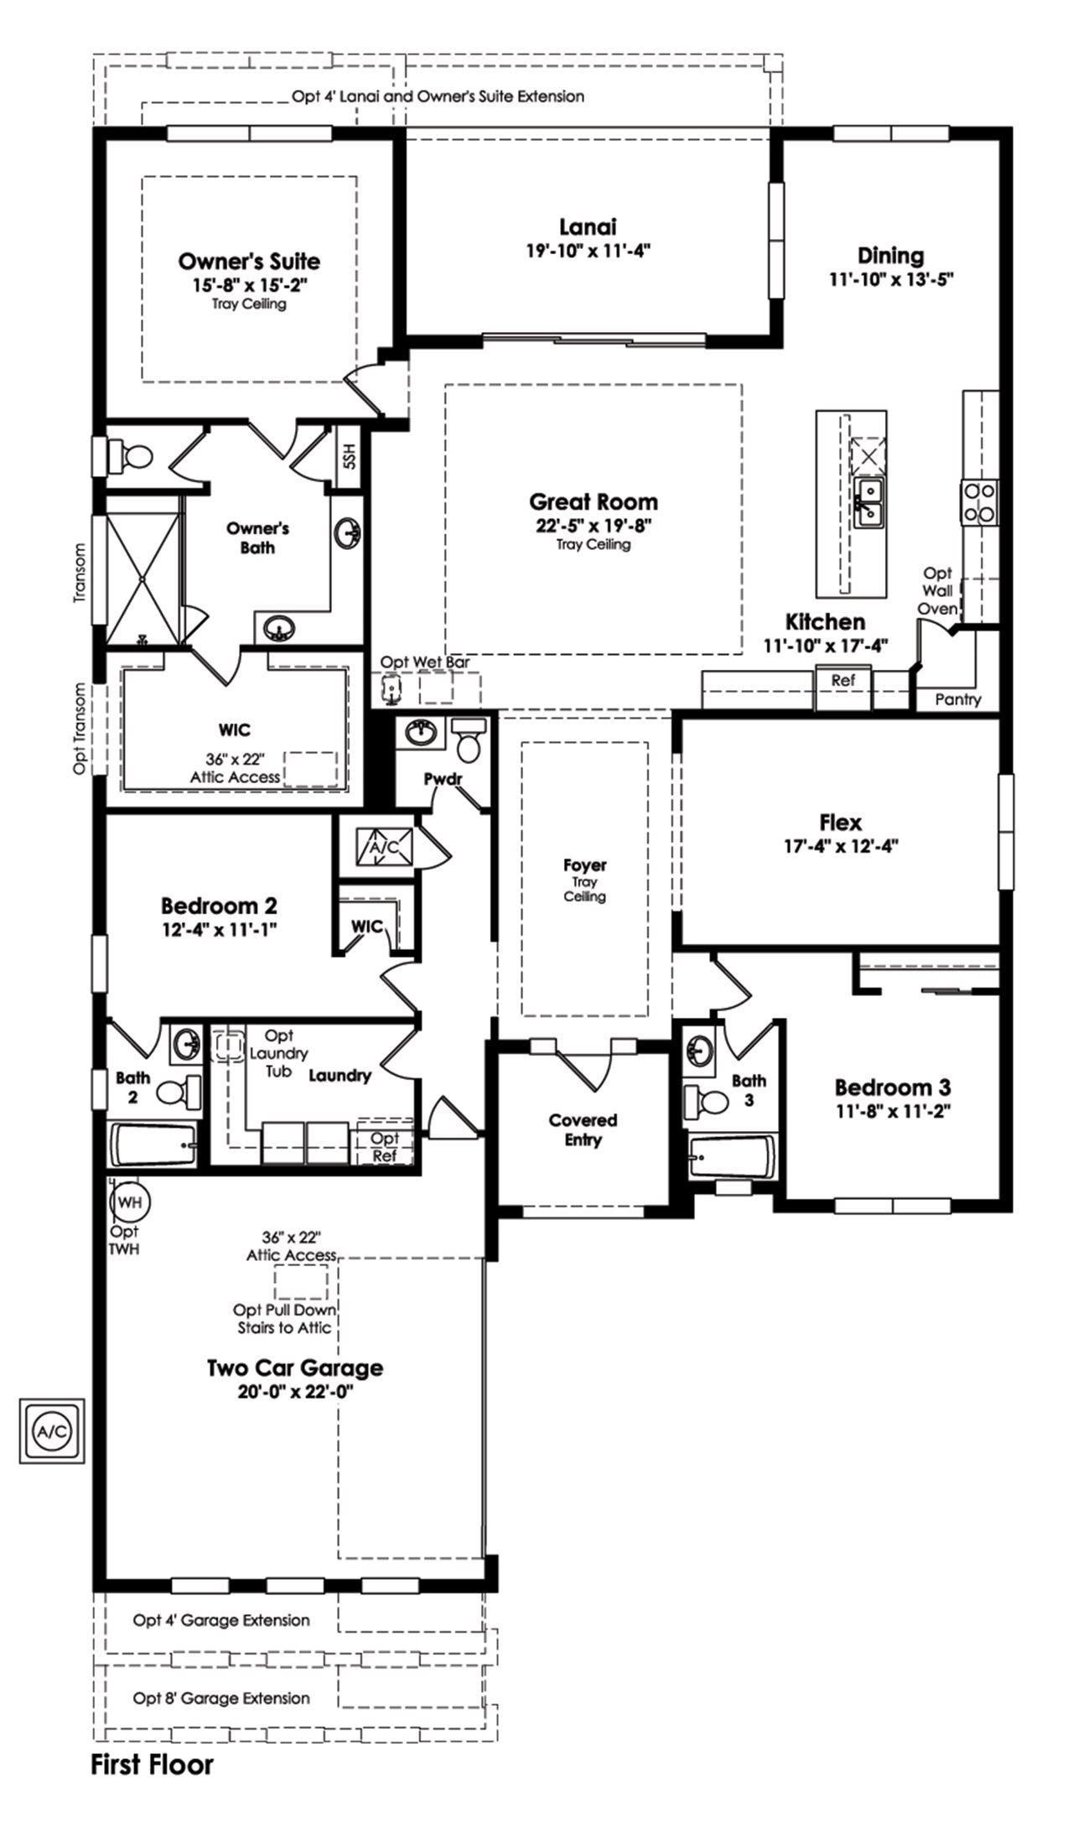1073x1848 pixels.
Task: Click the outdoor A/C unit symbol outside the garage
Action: tap(52, 1430)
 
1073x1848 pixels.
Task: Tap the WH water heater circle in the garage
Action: tap(129, 1202)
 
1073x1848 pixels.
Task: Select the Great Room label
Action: tap(593, 502)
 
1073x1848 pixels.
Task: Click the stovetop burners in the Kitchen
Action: tap(978, 501)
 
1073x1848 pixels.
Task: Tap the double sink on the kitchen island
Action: tap(867, 502)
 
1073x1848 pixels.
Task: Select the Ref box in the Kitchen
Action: tap(842, 681)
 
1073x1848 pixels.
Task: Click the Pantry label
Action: tap(957, 699)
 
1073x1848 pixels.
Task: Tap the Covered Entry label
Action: tap(583, 1129)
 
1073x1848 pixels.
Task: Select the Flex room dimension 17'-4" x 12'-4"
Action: tap(840, 847)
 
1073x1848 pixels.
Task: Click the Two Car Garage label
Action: tap(295, 1368)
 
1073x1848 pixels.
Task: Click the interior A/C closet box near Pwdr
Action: tap(386, 847)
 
